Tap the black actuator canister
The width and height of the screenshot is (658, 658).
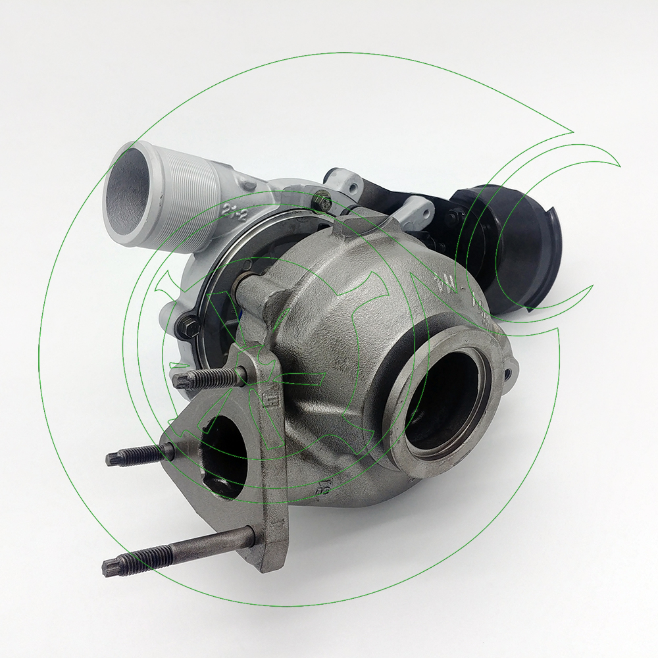(x=520, y=243)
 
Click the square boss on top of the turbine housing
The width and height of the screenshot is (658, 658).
(x=359, y=227)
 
